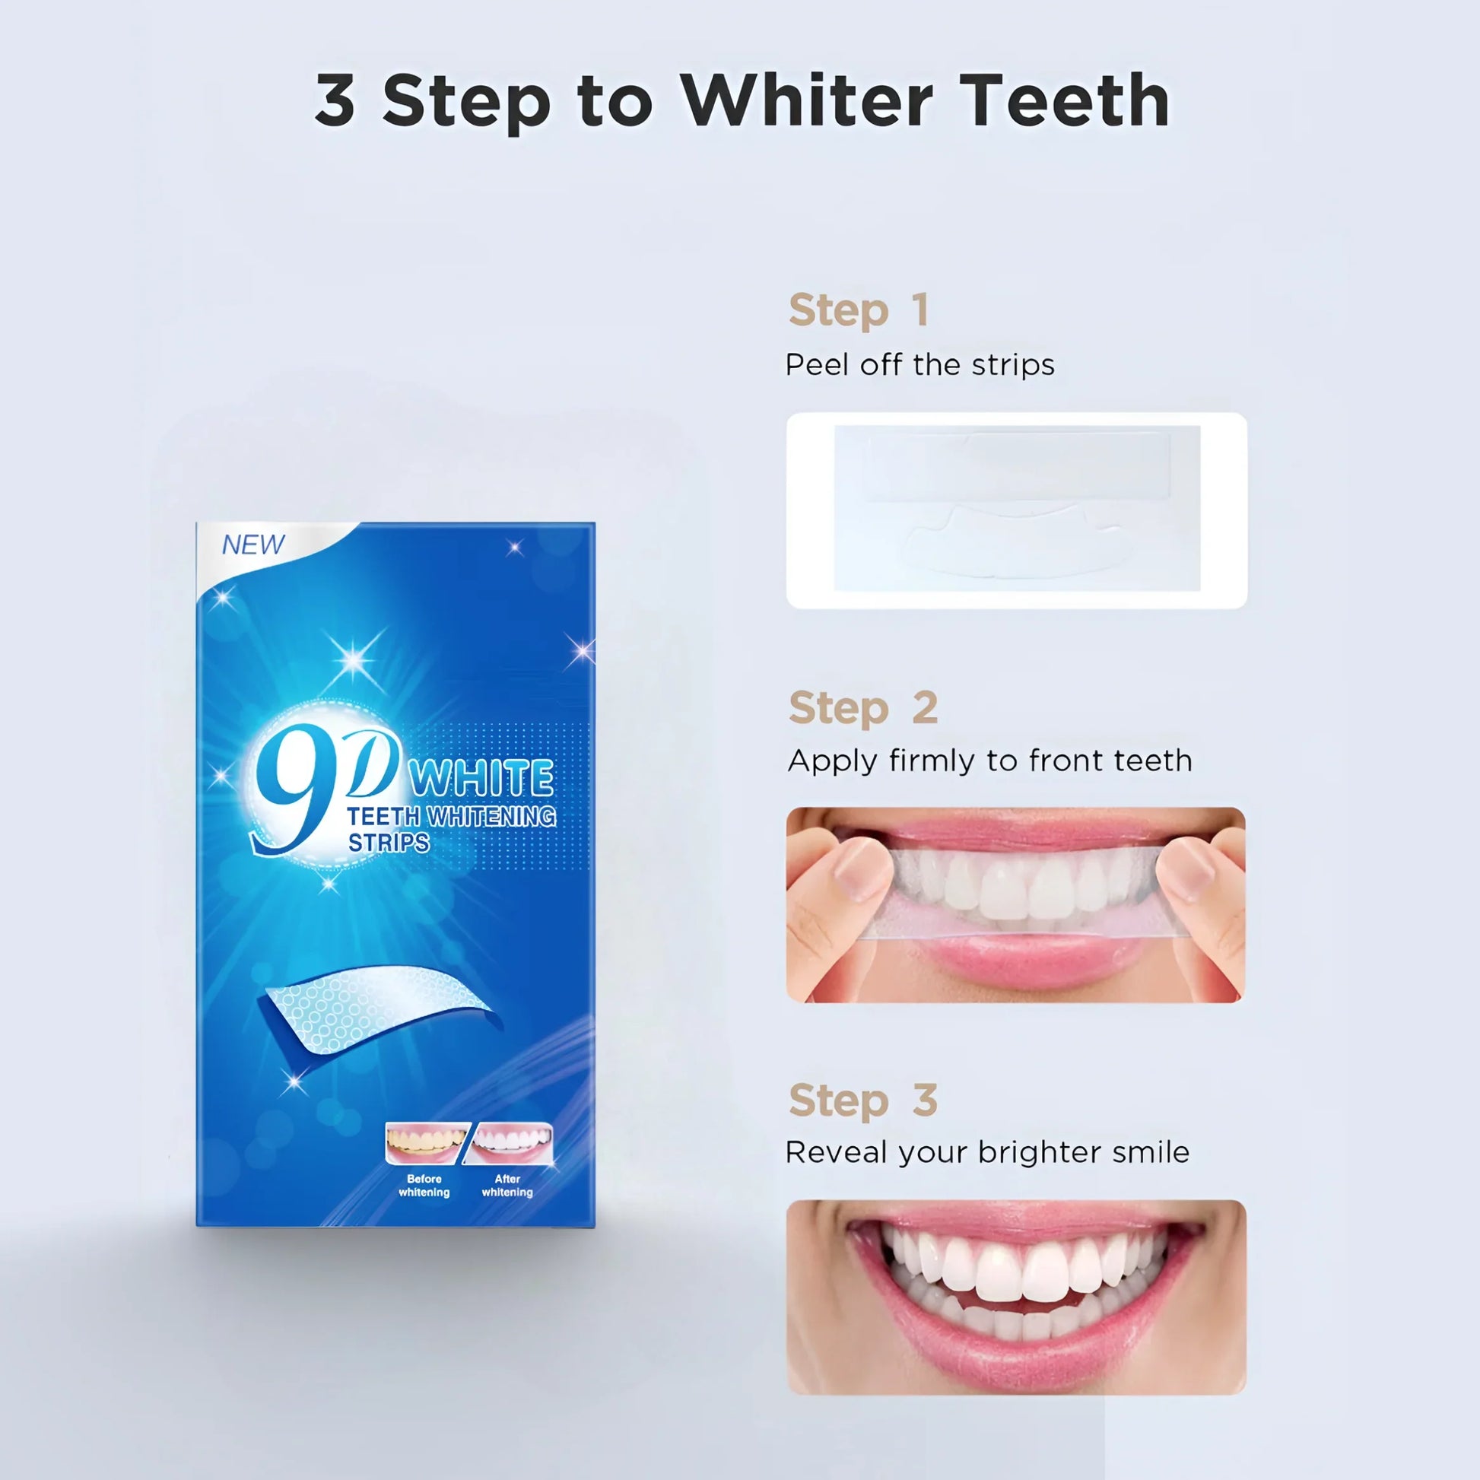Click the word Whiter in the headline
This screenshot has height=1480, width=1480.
click(808, 100)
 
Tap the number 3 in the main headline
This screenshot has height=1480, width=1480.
click(335, 100)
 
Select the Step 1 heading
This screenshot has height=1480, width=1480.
click(859, 310)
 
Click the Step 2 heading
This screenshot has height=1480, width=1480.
click(863, 708)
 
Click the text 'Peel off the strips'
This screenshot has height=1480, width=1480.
click(920, 364)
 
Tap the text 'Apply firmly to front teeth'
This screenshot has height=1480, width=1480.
click(989, 761)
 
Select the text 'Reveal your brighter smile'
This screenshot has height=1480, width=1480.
click(987, 1153)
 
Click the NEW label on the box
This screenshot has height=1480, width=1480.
click(253, 545)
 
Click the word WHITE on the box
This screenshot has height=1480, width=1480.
click(482, 779)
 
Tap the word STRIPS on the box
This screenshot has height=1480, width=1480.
click(389, 843)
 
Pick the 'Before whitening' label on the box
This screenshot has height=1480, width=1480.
click(424, 1186)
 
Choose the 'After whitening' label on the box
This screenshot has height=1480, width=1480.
click(507, 1186)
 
